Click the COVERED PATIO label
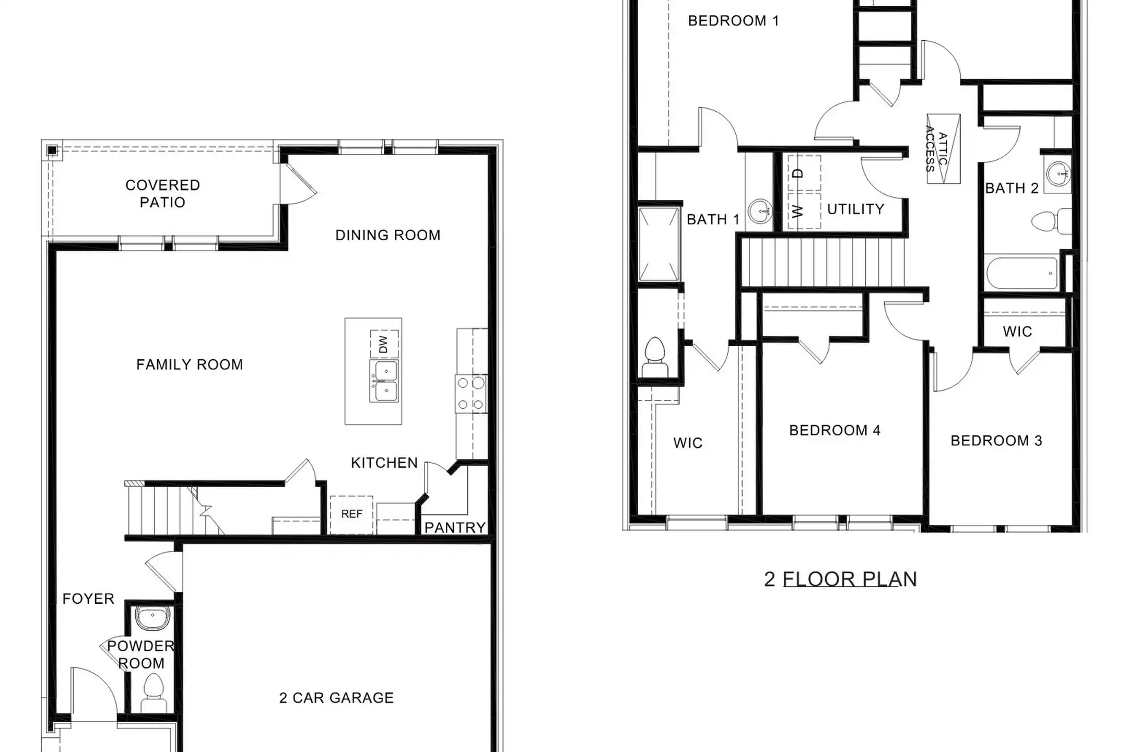pos(162,194)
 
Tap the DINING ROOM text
pos(388,236)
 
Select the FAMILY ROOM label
pos(190,365)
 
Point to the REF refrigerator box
pos(351,514)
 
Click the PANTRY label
pos(455,528)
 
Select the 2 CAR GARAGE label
pos(336,698)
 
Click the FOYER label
pos(88,598)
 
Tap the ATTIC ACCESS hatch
pos(944,149)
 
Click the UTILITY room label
pos(856,209)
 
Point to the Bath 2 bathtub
pos(1022,272)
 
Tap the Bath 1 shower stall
pos(659,244)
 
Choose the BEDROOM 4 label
pos(835,430)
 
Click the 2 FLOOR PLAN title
pos(840,579)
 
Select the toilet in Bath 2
pos(1051,221)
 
